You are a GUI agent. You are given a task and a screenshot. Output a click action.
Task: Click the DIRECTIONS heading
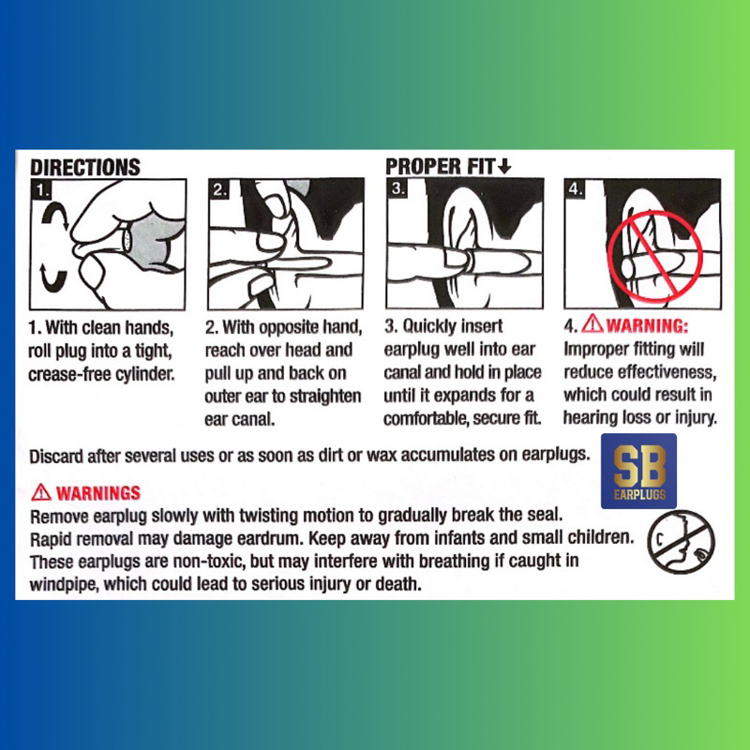[85, 168]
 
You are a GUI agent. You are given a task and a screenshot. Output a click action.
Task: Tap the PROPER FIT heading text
[440, 167]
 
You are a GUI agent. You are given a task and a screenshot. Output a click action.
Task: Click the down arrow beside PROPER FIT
[504, 167]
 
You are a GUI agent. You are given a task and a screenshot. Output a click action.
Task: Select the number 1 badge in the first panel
[41, 190]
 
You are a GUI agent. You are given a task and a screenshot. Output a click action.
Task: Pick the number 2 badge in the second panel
[219, 189]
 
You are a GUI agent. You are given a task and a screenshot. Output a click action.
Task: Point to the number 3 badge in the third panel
[397, 188]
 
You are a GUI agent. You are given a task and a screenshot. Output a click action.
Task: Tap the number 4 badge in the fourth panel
[576, 189]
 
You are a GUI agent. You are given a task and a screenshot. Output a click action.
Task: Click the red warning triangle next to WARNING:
[593, 323]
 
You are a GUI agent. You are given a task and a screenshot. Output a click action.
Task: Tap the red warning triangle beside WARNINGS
[41, 491]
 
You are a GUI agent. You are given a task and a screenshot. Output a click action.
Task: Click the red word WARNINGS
[98, 493]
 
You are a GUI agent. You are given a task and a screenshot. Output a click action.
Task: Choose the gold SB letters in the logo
[639, 466]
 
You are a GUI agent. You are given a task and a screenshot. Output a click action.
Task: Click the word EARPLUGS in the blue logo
[639, 494]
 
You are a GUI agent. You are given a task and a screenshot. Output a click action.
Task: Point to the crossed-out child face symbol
[681, 542]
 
